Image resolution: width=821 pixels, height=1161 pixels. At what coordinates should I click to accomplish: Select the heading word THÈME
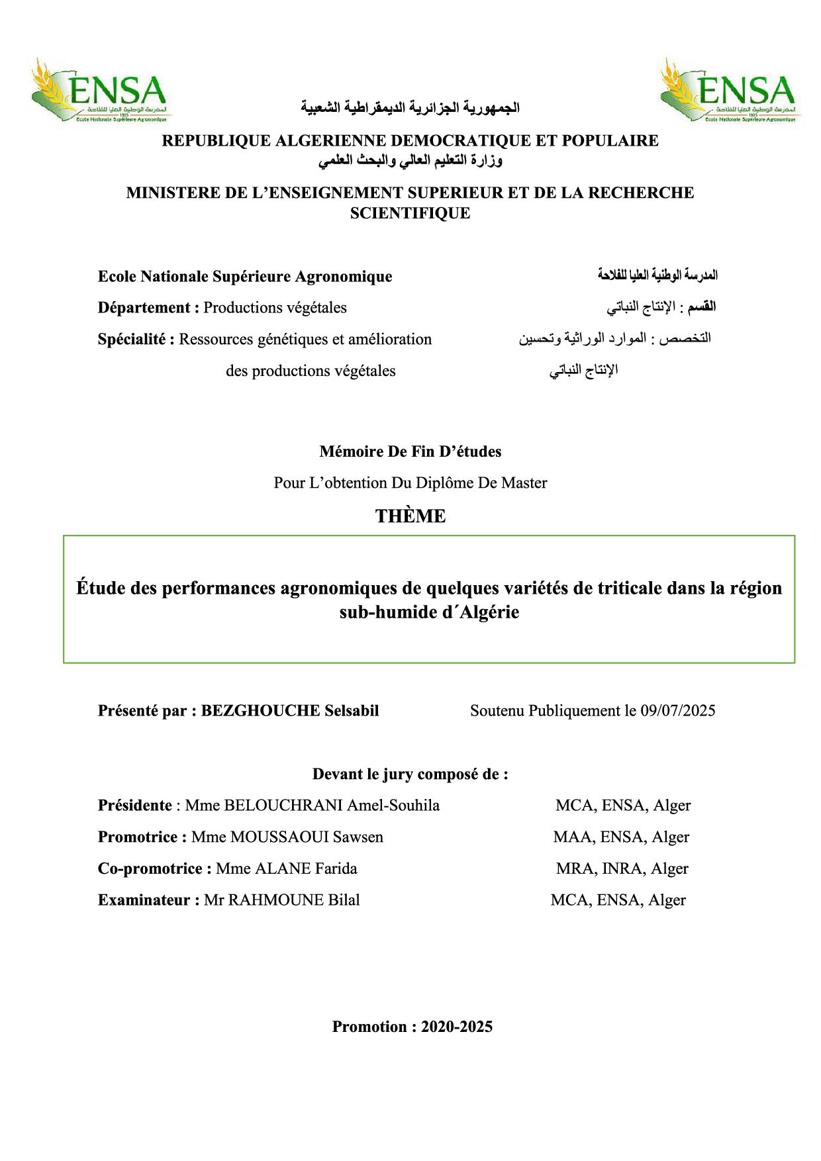[410, 516]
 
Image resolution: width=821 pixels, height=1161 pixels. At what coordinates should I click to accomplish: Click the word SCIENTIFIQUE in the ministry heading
[410, 213]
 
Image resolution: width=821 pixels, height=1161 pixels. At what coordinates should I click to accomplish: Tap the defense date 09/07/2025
[678, 711]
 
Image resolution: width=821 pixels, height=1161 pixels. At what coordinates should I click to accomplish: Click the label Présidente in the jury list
[135, 806]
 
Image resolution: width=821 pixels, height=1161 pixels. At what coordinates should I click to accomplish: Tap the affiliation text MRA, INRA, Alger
[622, 868]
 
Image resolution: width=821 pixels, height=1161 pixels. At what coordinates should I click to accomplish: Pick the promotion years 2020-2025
[457, 1027]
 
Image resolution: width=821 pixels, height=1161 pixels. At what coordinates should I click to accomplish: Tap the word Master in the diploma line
[524, 483]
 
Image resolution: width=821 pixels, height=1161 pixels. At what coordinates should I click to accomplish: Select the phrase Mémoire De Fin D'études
[410, 451]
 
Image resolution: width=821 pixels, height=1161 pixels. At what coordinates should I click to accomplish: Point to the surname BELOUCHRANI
[283, 806]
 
